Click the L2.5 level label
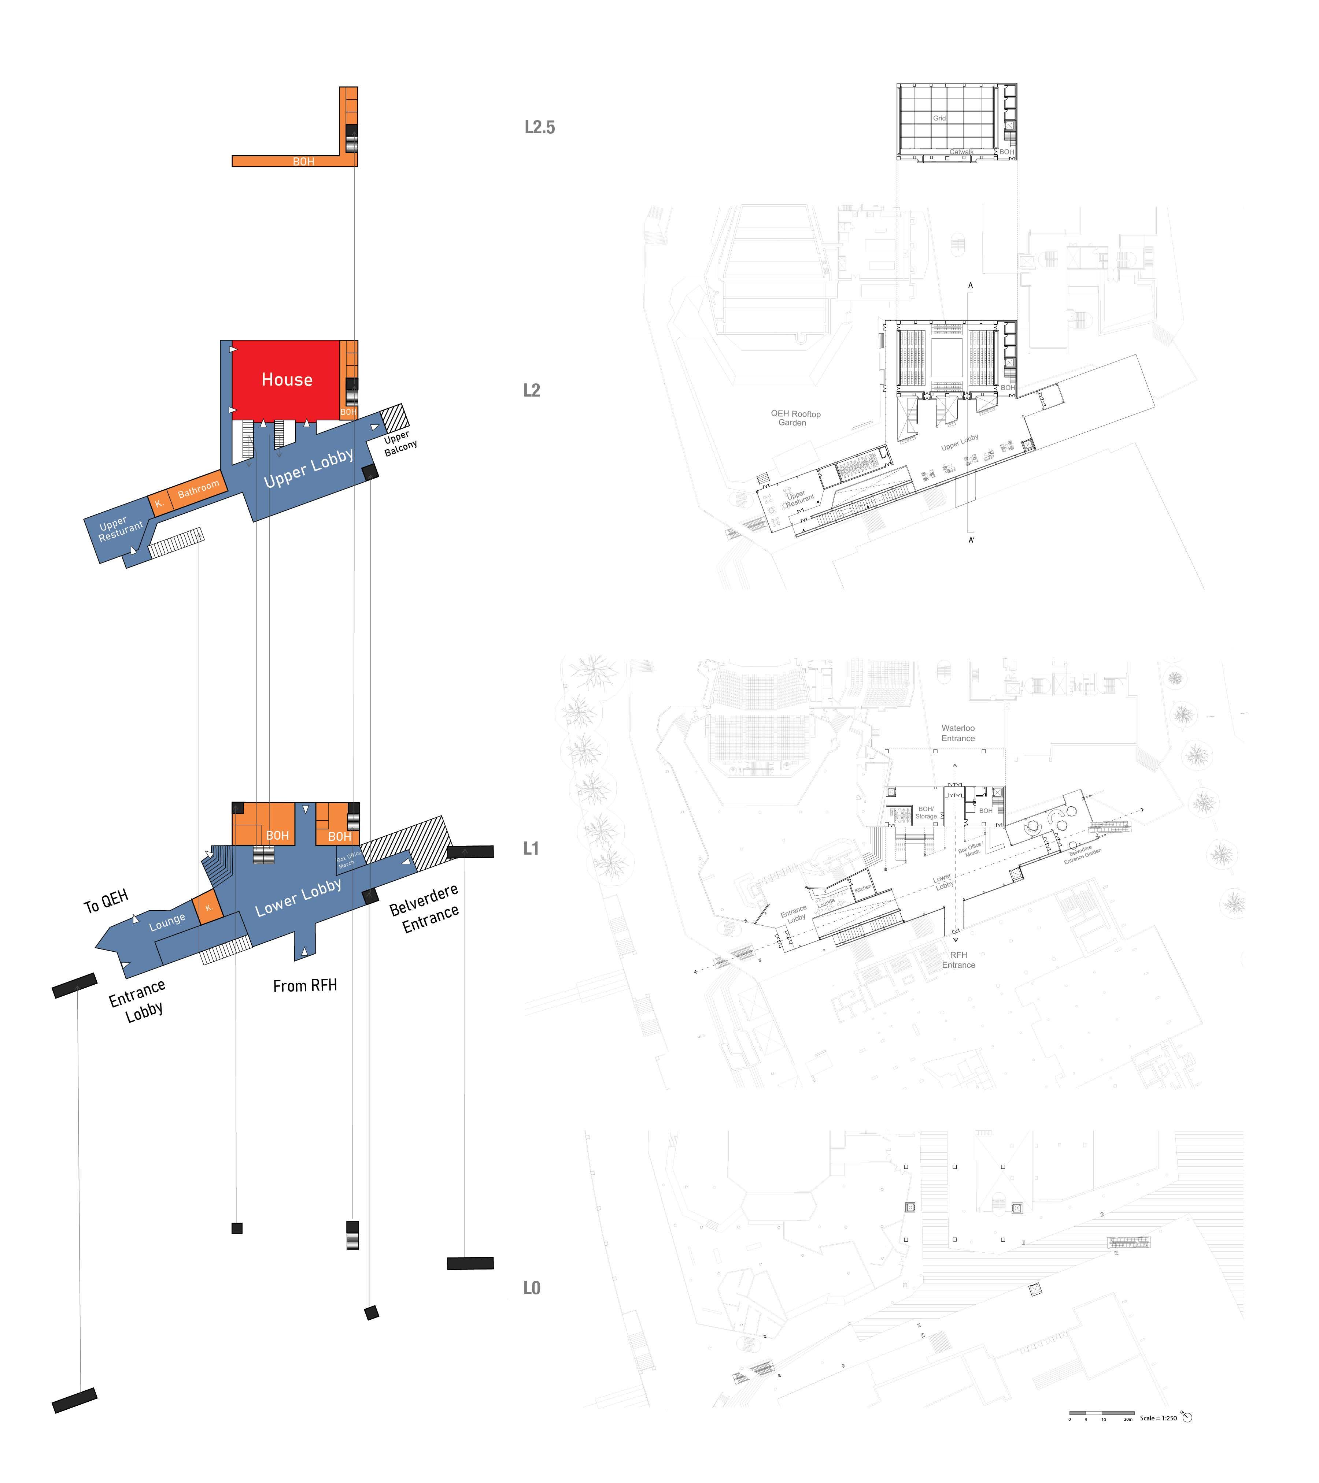tap(539, 128)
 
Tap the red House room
tap(287, 379)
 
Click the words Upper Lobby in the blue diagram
tap(308, 468)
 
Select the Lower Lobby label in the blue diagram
tap(298, 897)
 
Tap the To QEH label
tap(106, 902)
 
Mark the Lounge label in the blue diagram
tap(167, 921)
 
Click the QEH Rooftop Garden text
tap(795, 418)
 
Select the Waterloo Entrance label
tap(957, 733)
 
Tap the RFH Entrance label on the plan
tap(958, 960)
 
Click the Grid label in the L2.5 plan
tap(939, 118)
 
